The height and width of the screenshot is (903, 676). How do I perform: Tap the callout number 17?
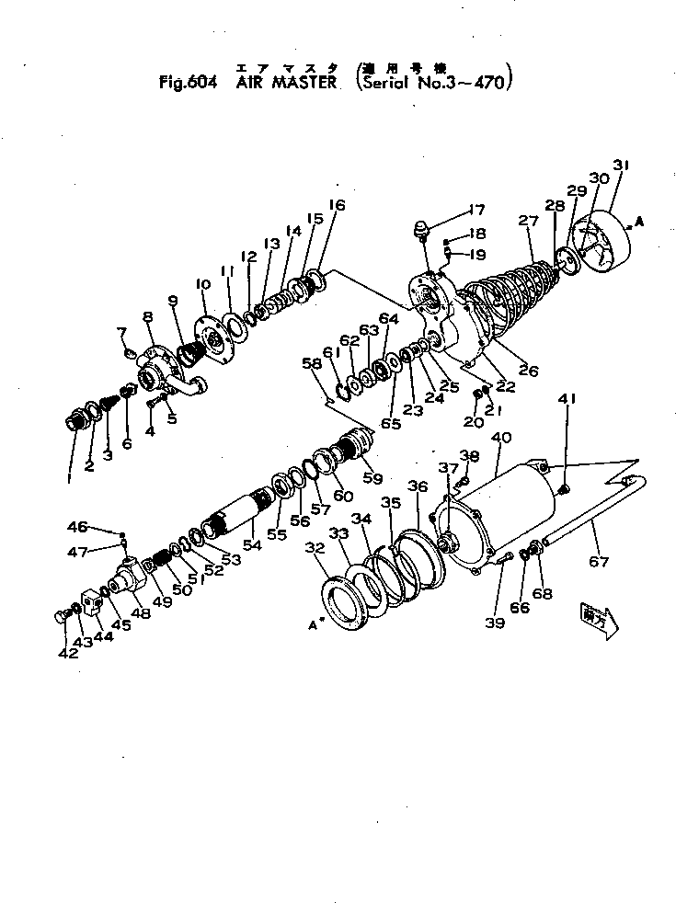click(x=478, y=209)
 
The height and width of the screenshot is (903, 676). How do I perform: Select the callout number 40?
click(x=502, y=439)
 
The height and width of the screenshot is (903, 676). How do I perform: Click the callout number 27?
click(x=527, y=221)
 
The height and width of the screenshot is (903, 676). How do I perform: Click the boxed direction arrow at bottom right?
click(x=600, y=616)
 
